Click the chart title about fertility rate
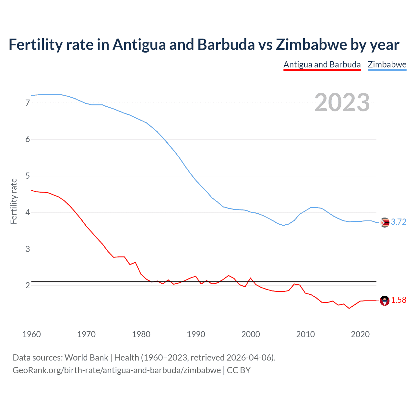204,45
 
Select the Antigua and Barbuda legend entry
322,65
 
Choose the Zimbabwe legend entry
387,65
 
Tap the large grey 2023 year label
342,102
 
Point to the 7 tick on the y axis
28,103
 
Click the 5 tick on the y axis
28,176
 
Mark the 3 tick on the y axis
28,249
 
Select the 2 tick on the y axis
28,286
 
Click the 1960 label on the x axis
31,334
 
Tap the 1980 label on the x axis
141,334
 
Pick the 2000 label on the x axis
251,334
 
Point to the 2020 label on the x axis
360,334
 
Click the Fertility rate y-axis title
14,201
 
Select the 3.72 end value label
398,222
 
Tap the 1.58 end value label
398,300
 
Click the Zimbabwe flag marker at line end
385,222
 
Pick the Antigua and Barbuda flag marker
385,301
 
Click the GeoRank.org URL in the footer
117,370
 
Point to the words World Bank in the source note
86,358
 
